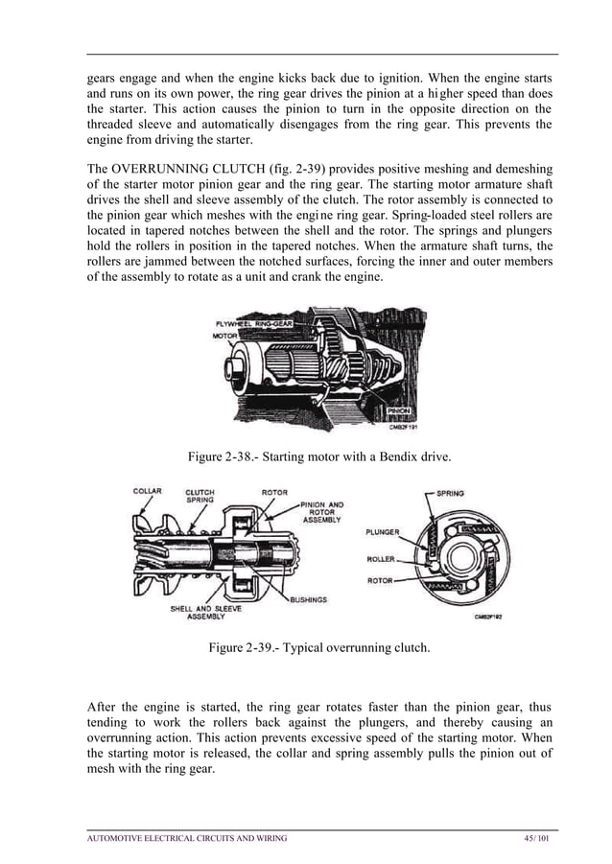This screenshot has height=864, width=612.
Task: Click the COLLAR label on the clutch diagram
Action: (147, 491)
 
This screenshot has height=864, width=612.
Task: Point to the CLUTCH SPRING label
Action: (200, 497)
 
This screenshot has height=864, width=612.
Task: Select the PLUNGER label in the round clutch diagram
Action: (382, 530)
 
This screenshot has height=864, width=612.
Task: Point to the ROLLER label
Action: (382, 557)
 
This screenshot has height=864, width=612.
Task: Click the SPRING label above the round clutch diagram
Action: (450, 493)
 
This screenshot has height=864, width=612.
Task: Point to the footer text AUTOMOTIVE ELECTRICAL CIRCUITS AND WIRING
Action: (186, 838)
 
